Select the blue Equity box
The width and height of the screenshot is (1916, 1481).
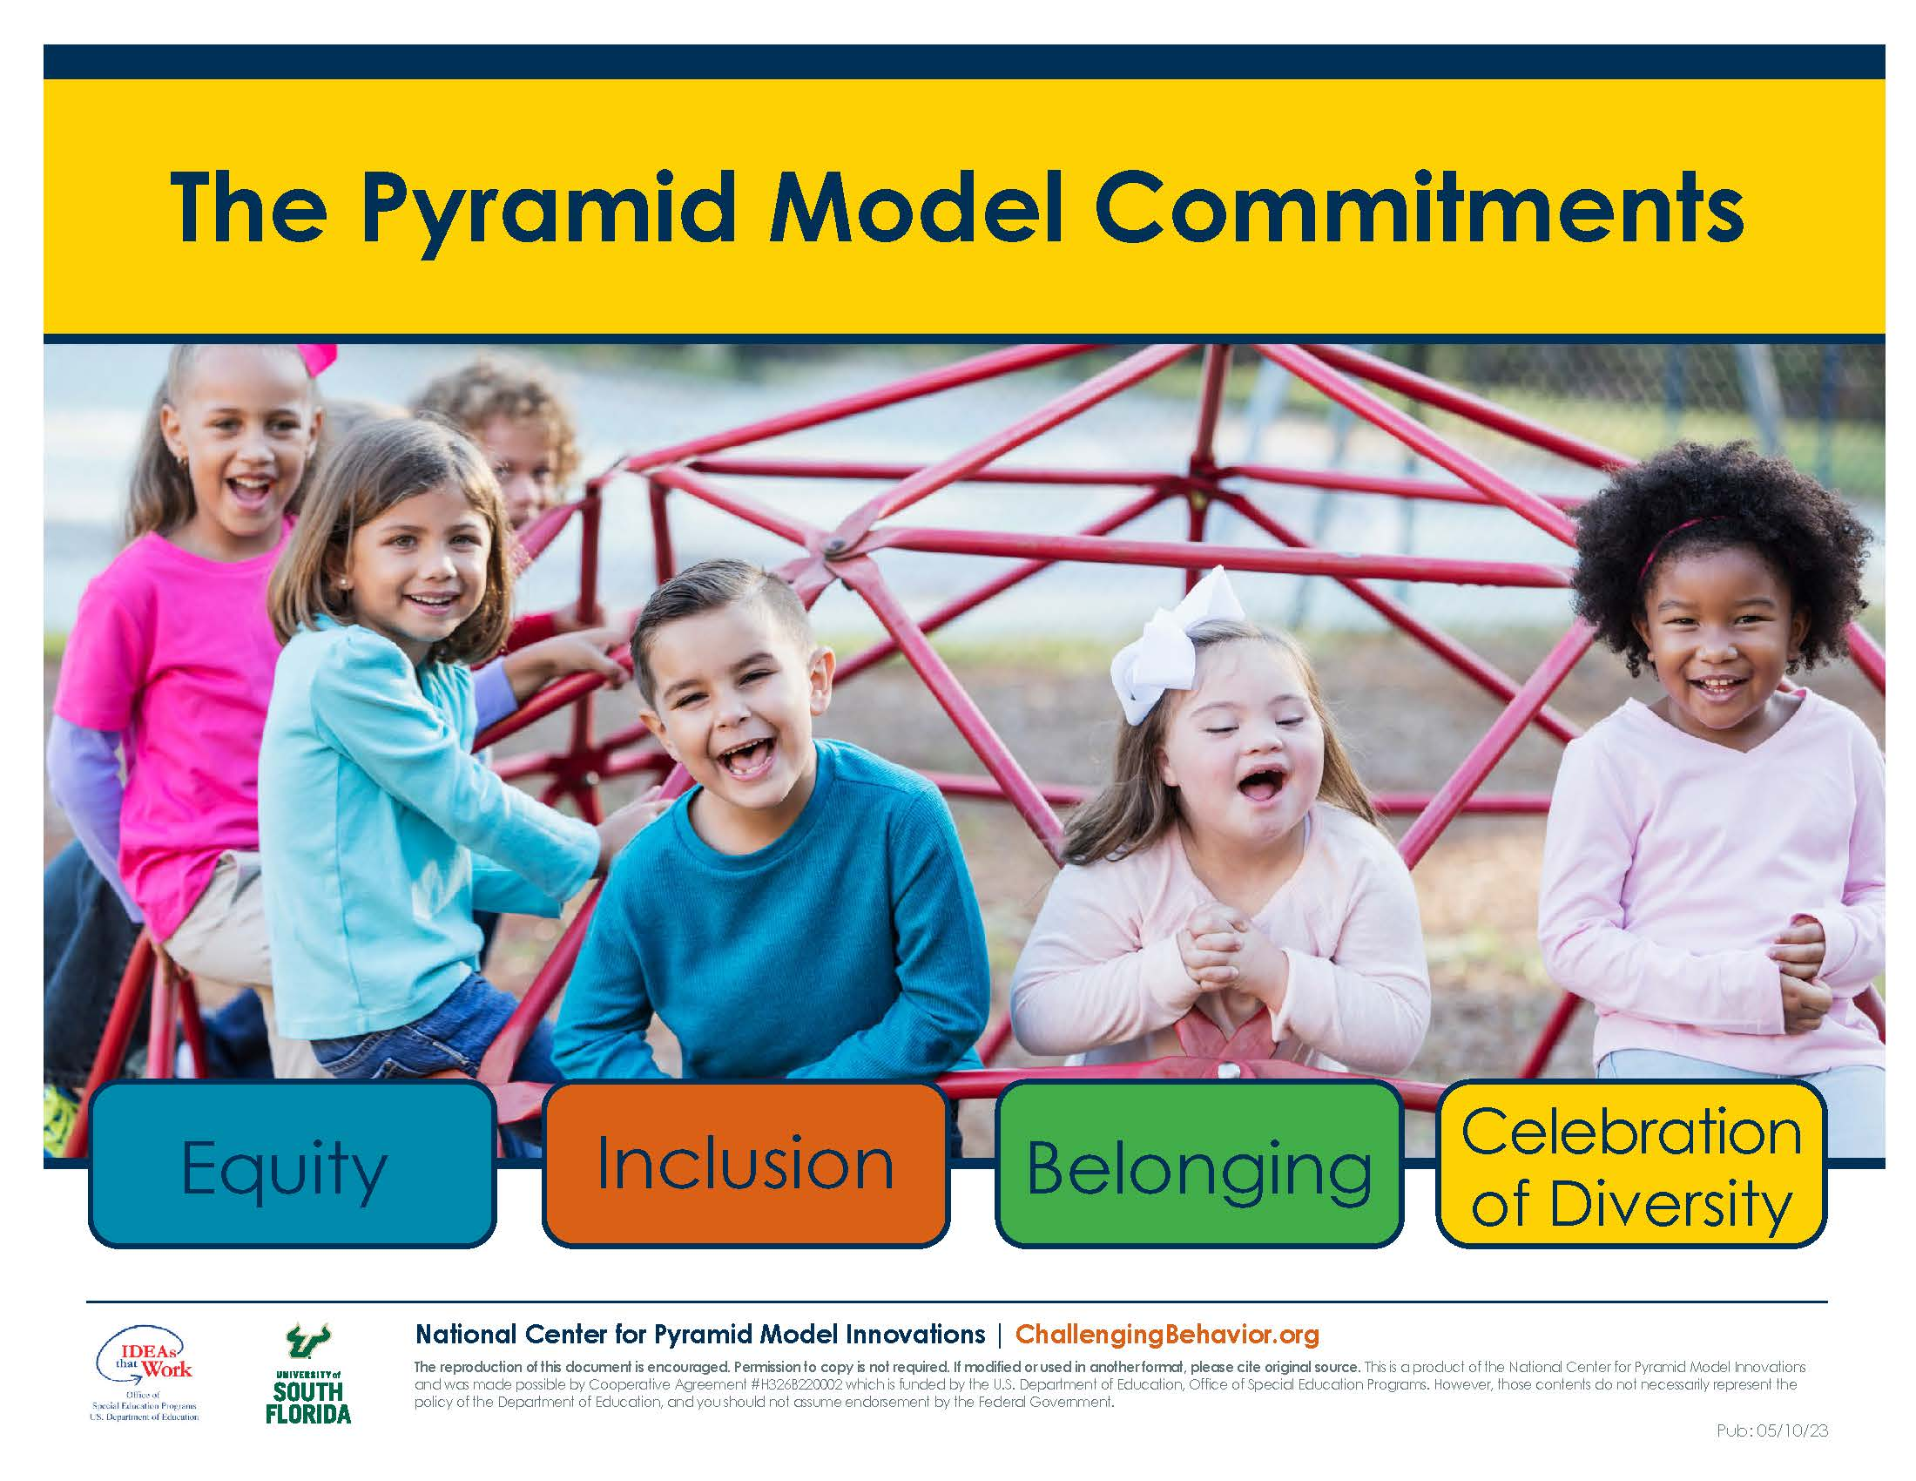click(292, 1164)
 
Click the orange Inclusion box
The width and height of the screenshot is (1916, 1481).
click(745, 1164)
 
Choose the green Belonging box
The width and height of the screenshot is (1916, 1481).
click(1198, 1164)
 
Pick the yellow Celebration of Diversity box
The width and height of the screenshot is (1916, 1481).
click(1632, 1164)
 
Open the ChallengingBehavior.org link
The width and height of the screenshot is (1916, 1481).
click(1167, 1335)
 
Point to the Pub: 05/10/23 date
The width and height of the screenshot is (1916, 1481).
click(1772, 1431)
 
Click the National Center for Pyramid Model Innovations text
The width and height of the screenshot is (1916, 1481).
click(700, 1335)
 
